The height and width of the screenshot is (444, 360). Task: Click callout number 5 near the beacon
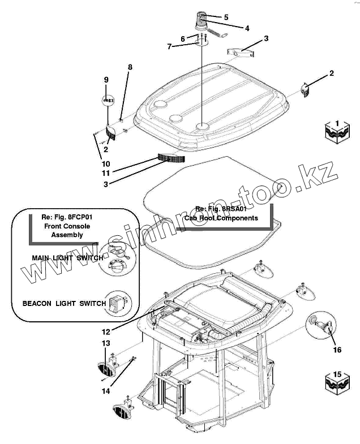pyautogui.click(x=226, y=18)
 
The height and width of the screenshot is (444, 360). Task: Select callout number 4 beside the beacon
pyautogui.click(x=247, y=28)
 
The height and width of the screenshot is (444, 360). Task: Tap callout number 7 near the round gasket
pyautogui.click(x=169, y=46)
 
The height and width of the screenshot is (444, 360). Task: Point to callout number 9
pyautogui.click(x=106, y=80)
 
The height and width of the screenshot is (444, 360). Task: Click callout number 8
pyautogui.click(x=130, y=67)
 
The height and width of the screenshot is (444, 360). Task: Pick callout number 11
pyautogui.click(x=106, y=173)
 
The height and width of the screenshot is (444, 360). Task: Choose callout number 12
pyautogui.click(x=106, y=331)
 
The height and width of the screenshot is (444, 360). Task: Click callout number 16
pyautogui.click(x=337, y=350)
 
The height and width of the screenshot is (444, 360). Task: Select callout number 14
pyautogui.click(x=106, y=391)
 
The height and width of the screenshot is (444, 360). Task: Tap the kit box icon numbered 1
pyautogui.click(x=337, y=132)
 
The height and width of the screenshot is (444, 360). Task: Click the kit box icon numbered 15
pyautogui.click(x=337, y=383)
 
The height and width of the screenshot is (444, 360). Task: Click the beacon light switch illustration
pyautogui.click(x=118, y=304)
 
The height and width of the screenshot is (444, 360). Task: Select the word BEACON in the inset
pyautogui.click(x=37, y=304)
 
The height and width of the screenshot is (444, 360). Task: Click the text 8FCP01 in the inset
pyautogui.click(x=80, y=217)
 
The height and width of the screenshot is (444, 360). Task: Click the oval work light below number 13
pyautogui.click(x=106, y=369)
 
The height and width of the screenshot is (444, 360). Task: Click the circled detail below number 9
pyautogui.click(x=108, y=100)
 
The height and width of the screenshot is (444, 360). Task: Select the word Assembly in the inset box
pyautogui.click(x=67, y=235)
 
